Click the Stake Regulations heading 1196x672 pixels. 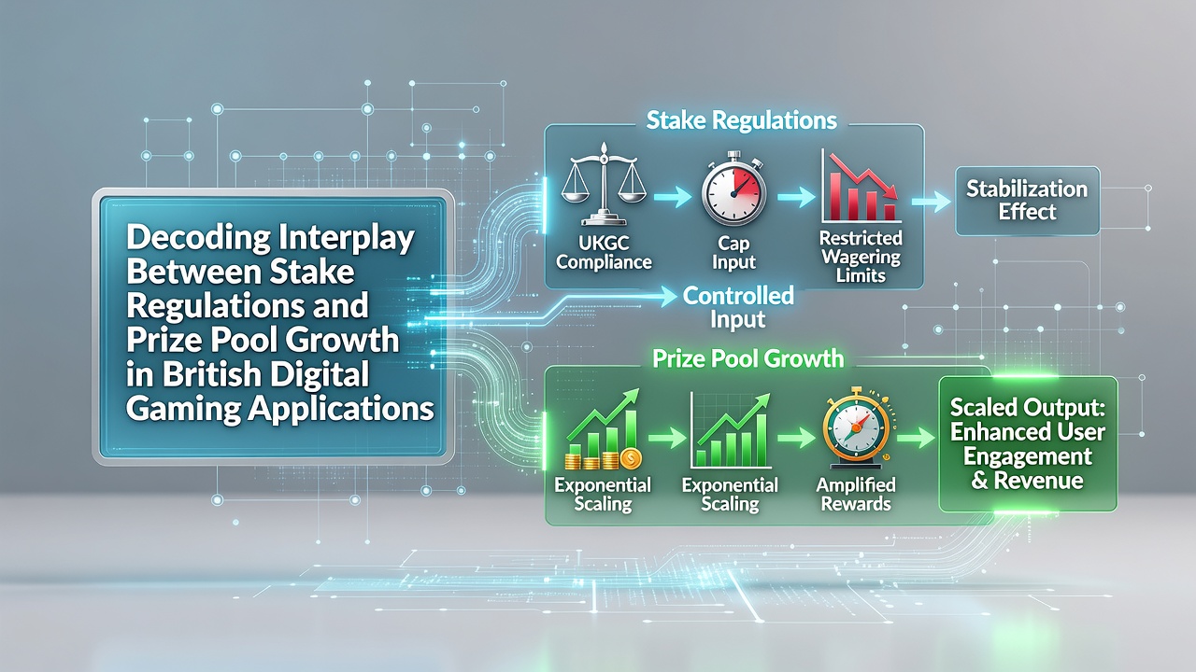point(742,120)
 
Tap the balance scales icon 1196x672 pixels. point(604,185)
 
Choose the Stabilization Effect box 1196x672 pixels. point(1027,201)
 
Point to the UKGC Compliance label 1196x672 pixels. point(604,252)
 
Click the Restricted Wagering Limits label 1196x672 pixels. point(861,257)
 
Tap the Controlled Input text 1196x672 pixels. point(738,308)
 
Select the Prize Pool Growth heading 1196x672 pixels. point(748,358)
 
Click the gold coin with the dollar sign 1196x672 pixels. point(631,458)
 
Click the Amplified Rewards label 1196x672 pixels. point(856,495)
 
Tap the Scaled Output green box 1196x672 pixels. point(1028,443)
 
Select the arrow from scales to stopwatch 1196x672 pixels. point(672,196)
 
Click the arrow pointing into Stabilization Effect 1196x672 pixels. point(932,202)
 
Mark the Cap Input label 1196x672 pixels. point(733,252)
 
